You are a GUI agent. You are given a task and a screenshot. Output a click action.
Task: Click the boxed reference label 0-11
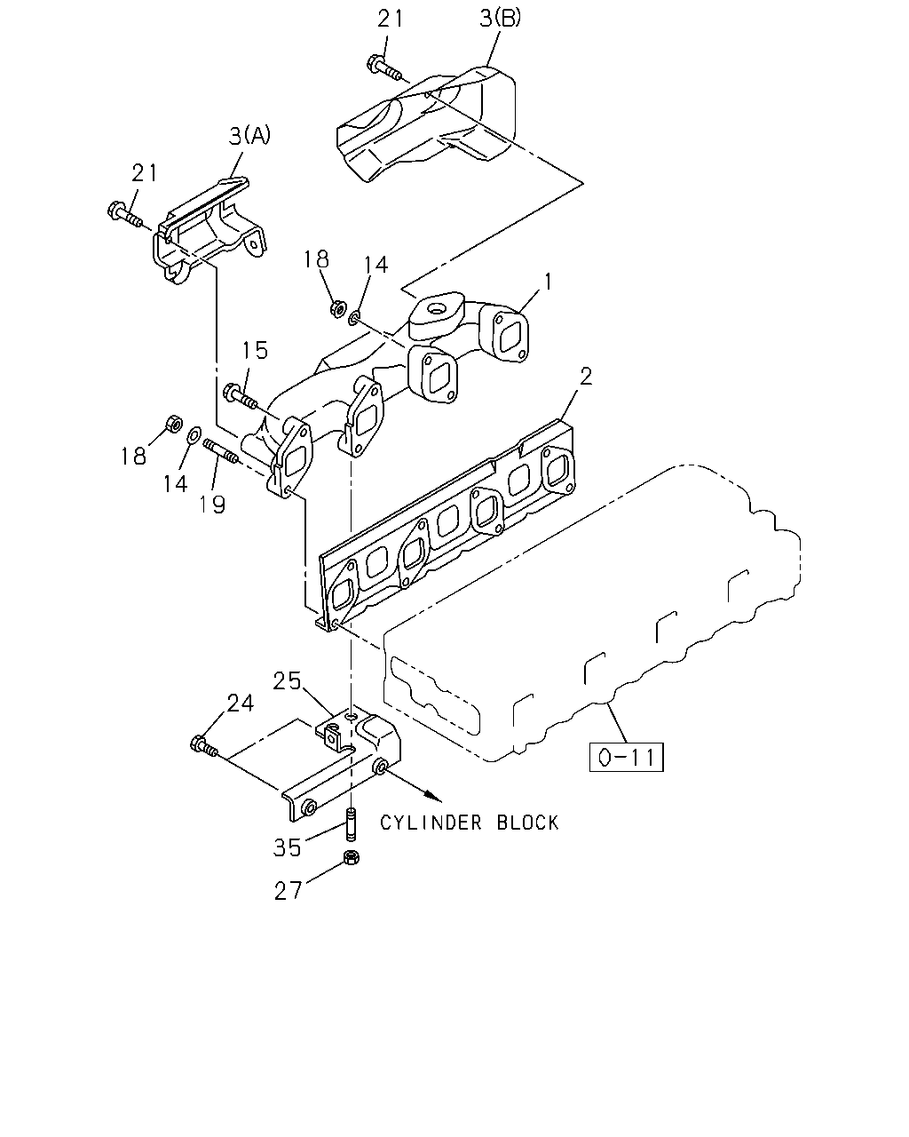(626, 757)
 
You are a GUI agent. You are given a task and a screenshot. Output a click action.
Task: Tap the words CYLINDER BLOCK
(469, 823)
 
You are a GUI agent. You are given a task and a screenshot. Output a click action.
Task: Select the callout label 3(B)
(500, 18)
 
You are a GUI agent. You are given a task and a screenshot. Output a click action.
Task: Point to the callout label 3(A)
(249, 136)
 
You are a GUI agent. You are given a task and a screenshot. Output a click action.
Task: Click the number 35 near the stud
(288, 848)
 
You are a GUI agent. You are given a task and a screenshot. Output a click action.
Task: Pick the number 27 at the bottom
(288, 892)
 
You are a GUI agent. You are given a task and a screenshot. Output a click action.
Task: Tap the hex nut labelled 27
(351, 857)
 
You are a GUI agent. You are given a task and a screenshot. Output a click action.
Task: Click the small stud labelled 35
(352, 824)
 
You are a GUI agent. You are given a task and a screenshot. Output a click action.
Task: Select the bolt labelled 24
(203, 746)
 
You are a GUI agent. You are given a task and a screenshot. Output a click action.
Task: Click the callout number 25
(287, 680)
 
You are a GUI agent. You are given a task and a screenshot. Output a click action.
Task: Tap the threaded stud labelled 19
(221, 451)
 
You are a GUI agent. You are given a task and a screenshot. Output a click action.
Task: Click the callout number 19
(212, 504)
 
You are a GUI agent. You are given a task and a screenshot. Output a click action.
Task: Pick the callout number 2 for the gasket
(586, 377)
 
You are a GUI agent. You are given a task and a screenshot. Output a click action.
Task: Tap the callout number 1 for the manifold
(549, 282)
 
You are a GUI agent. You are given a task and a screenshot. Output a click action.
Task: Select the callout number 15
(255, 350)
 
